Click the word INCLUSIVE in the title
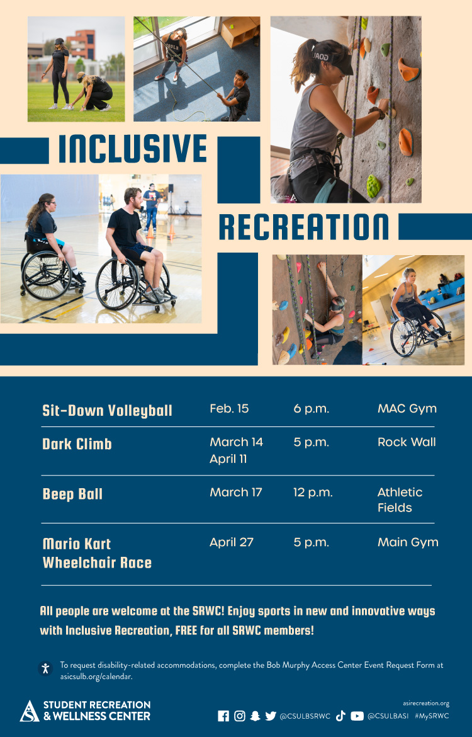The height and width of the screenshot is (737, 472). pyautogui.click(x=132, y=149)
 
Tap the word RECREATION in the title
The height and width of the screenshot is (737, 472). pyautogui.click(x=303, y=227)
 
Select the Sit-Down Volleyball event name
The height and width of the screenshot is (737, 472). pyautogui.click(x=107, y=410)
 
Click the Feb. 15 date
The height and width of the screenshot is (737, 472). pyautogui.click(x=229, y=408)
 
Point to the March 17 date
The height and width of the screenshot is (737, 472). pyautogui.click(x=236, y=492)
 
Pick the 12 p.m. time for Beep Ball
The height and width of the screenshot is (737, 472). pyautogui.click(x=313, y=493)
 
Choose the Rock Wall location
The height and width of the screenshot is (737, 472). pyautogui.click(x=407, y=442)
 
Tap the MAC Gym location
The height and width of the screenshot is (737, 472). pyautogui.click(x=407, y=409)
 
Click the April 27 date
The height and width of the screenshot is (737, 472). pyautogui.click(x=232, y=542)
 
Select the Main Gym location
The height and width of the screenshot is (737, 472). pyautogui.click(x=408, y=542)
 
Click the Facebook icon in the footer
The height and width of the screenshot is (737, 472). pyautogui.click(x=223, y=716)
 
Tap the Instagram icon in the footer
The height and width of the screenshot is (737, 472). pyautogui.click(x=240, y=716)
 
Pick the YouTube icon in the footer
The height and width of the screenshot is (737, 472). pyautogui.click(x=357, y=716)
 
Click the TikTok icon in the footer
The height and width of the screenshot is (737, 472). pyautogui.click(x=340, y=716)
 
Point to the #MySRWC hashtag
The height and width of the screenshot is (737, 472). pyautogui.click(x=432, y=716)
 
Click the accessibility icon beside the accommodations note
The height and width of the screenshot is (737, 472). pyautogui.click(x=45, y=668)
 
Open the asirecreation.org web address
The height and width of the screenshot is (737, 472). pyautogui.click(x=426, y=703)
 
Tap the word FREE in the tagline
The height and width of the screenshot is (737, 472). pyautogui.click(x=186, y=631)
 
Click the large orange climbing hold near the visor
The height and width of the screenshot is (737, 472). pyautogui.click(x=408, y=69)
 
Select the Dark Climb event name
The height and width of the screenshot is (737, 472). pyautogui.click(x=77, y=443)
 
